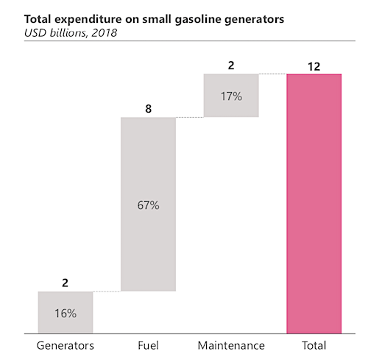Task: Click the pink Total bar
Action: pos(314,204)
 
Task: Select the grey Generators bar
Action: pos(66,313)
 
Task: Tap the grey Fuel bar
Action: pos(148,204)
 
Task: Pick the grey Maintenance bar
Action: pos(231,96)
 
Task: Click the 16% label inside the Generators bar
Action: pos(66,314)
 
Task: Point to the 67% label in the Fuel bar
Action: pos(148,205)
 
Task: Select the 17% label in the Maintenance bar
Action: pos(231,96)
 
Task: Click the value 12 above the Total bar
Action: pos(314,66)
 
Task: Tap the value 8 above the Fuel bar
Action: pos(148,109)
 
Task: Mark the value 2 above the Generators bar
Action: pos(65,283)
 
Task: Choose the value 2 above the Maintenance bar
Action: pos(231,66)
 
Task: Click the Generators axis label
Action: pos(66,345)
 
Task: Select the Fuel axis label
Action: pos(148,345)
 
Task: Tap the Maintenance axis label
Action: pos(231,345)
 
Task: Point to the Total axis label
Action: pos(314,345)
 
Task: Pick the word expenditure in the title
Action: pos(88,20)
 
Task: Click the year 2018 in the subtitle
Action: pos(105,33)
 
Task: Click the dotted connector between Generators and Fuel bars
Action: pos(107,292)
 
